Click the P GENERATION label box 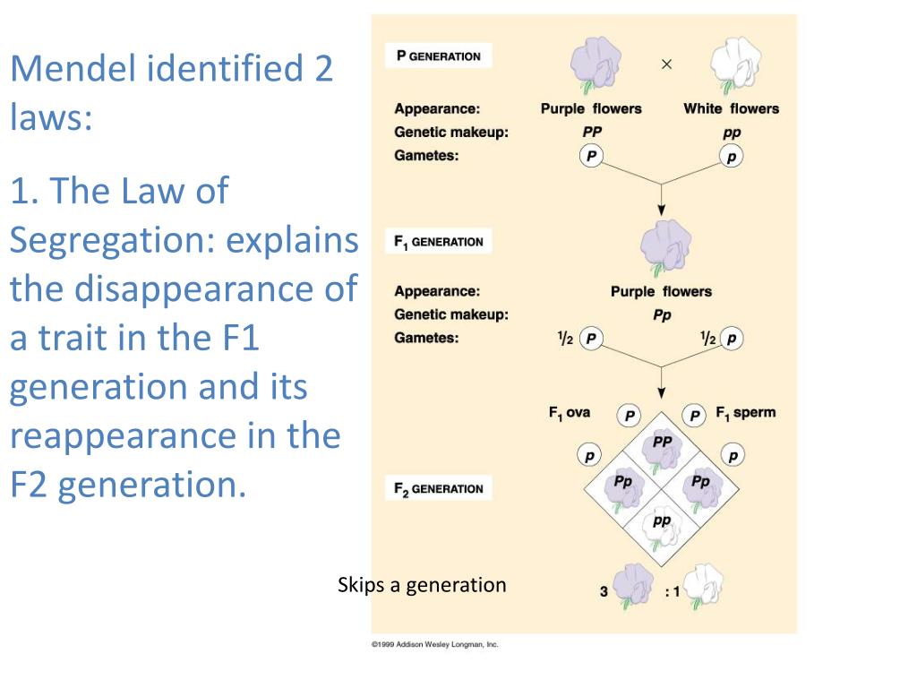pos(439,56)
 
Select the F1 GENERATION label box pos(439,241)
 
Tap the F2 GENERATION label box pos(439,489)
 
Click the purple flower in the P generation pos(592,64)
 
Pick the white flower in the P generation pos(732,64)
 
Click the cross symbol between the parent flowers pos(666,64)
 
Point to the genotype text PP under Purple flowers pos(591,133)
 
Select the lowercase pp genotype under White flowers pos(732,133)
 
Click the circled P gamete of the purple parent pos(590,157)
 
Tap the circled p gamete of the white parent pos(732,157)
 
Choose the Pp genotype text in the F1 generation pos(662,315)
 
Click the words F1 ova pos(570,413)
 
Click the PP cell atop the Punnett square pos(662,448)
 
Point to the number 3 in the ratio pos(604,591)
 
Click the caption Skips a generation pos(422,585)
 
